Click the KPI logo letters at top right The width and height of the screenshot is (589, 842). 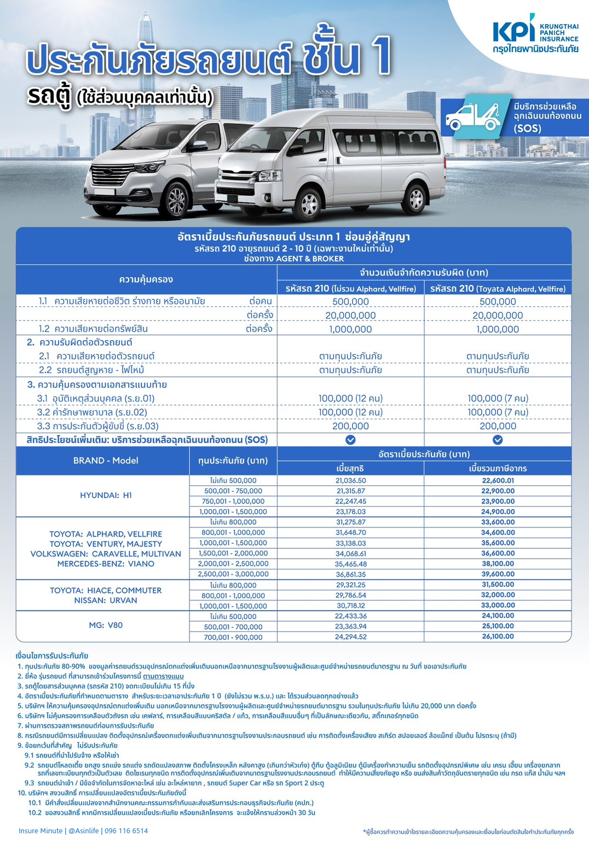coord(513,31)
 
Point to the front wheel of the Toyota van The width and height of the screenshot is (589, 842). coord(309,204)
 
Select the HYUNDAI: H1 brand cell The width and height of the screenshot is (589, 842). coord(106,495)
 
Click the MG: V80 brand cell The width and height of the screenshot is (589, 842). coord(106,625)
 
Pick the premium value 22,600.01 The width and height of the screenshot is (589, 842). coord(498,480)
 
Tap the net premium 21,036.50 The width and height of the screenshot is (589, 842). coord(351,480)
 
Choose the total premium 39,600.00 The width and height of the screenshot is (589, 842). coord(498,574)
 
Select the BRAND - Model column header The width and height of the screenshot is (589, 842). coord(106,461)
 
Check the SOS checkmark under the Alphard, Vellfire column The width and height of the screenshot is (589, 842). coord(498,440)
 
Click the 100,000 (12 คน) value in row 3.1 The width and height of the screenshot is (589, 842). coord(351,398)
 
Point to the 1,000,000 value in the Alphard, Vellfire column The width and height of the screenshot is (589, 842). coord(498,329)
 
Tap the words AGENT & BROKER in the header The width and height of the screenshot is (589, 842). coord(310,259)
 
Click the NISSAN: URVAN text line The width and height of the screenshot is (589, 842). coord(106,600)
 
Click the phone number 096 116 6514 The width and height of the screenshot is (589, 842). coord(126,831)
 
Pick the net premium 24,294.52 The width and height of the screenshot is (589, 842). coord(351,637)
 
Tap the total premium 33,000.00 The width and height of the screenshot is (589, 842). coord(498,605)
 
